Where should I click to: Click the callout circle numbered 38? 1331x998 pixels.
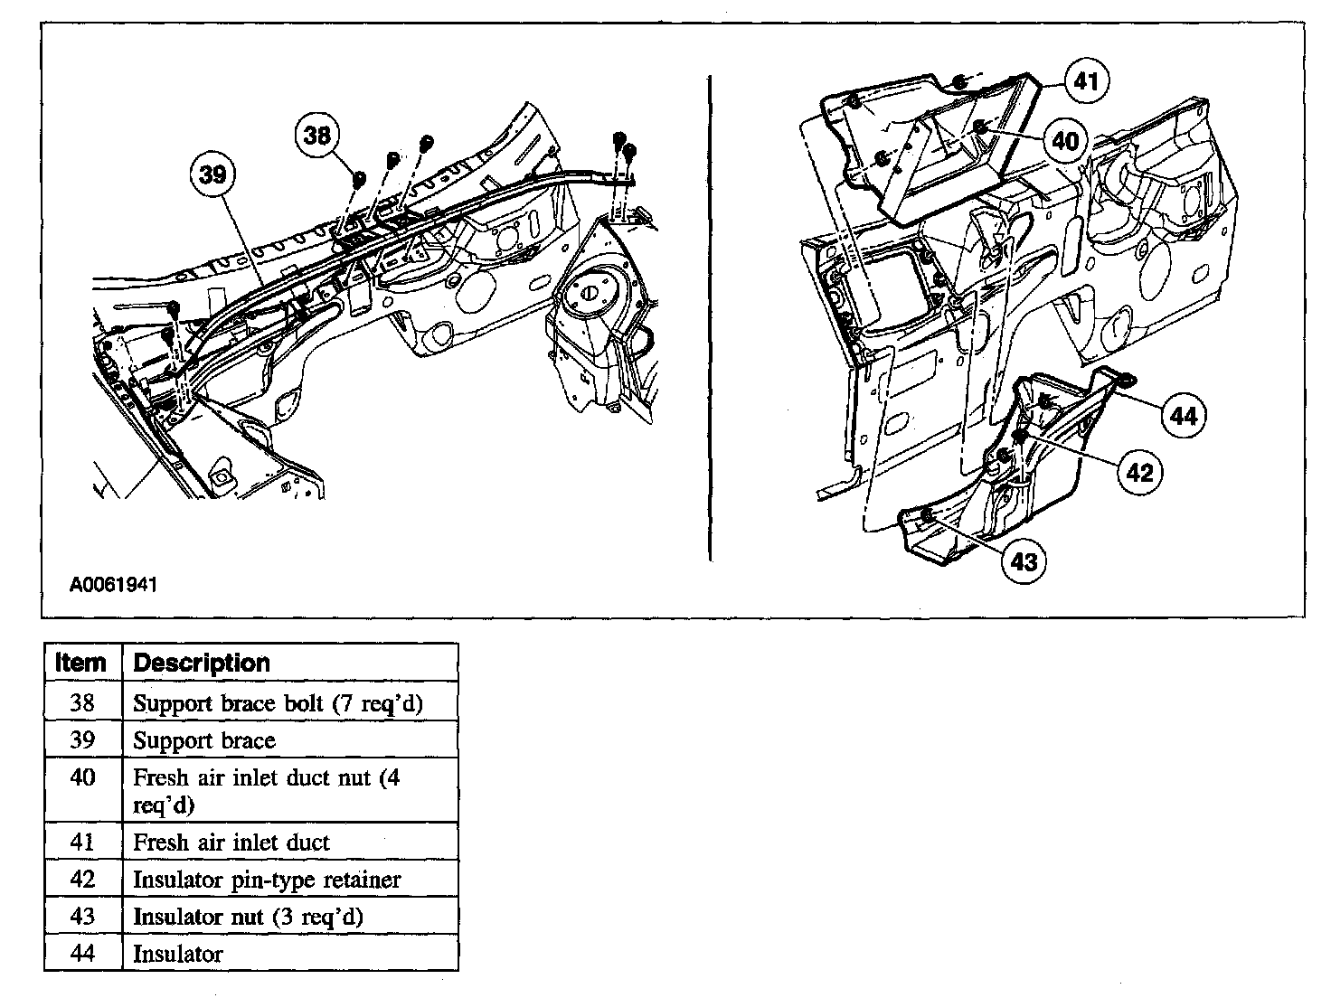[317, 137]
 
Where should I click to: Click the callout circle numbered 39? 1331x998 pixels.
[213, 174]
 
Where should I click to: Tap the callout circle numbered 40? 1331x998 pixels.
[1066, 142]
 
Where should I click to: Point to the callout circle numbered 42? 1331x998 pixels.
[1140, 472]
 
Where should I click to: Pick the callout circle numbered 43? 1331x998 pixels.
[1024, 562]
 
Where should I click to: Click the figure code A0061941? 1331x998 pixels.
[114, 585]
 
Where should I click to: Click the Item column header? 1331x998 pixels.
[82, 663]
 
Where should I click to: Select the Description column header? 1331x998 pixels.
[202, 663]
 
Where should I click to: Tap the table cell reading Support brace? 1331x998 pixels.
[204, 741]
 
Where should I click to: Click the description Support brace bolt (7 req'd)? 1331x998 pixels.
[278, 703]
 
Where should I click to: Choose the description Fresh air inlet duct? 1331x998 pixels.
[231, 843]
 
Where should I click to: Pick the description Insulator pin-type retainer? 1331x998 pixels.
[266, 880]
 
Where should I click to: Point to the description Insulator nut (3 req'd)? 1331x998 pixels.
[248, 917]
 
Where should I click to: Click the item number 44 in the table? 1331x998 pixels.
[82, 954]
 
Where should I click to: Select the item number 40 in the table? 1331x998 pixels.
[82, 778]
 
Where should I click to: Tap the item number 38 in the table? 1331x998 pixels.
[82, 703]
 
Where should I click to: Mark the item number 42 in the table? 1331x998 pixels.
[82, 880]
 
